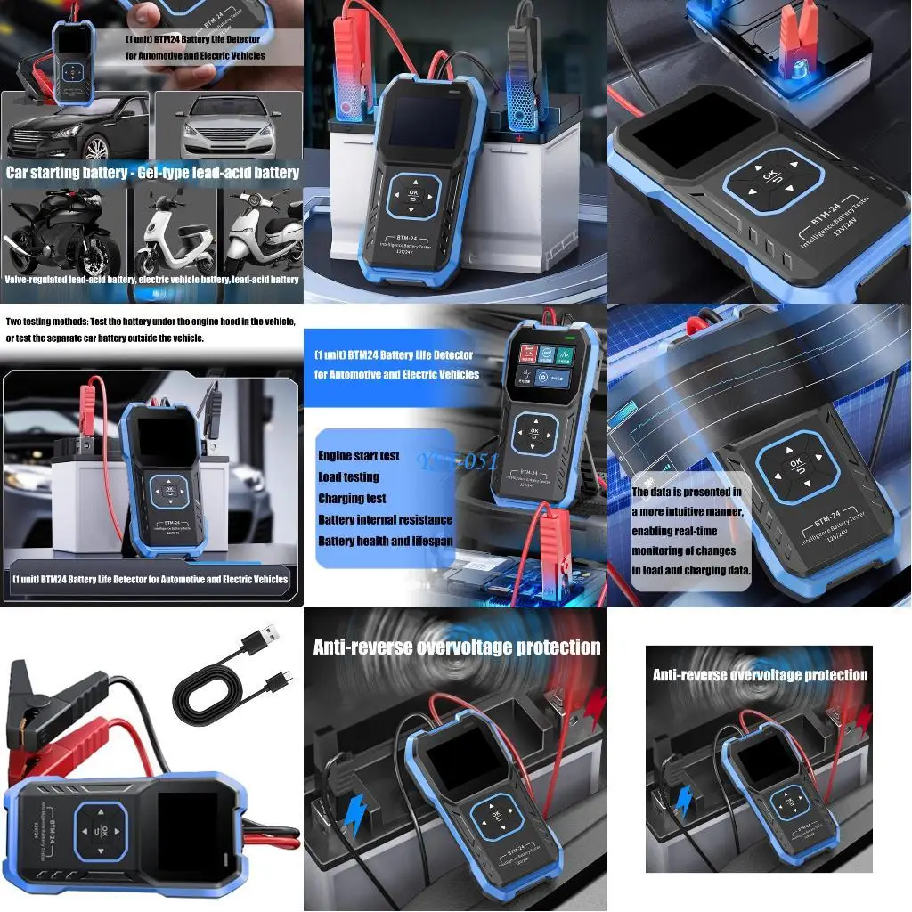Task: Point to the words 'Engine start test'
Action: pos(359,456)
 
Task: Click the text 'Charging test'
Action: pos(352,499)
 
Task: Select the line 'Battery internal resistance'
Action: pos(385,520)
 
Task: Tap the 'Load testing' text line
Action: pos(348,477)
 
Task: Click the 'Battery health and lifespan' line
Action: pos(386,541)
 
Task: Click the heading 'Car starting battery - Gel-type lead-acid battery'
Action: pos(152,173)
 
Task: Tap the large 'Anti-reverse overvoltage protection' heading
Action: pos(456,647)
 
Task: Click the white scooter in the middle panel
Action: pos(178,240)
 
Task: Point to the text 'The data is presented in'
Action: pos(686,492)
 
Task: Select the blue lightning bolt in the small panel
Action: pos(683,802)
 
